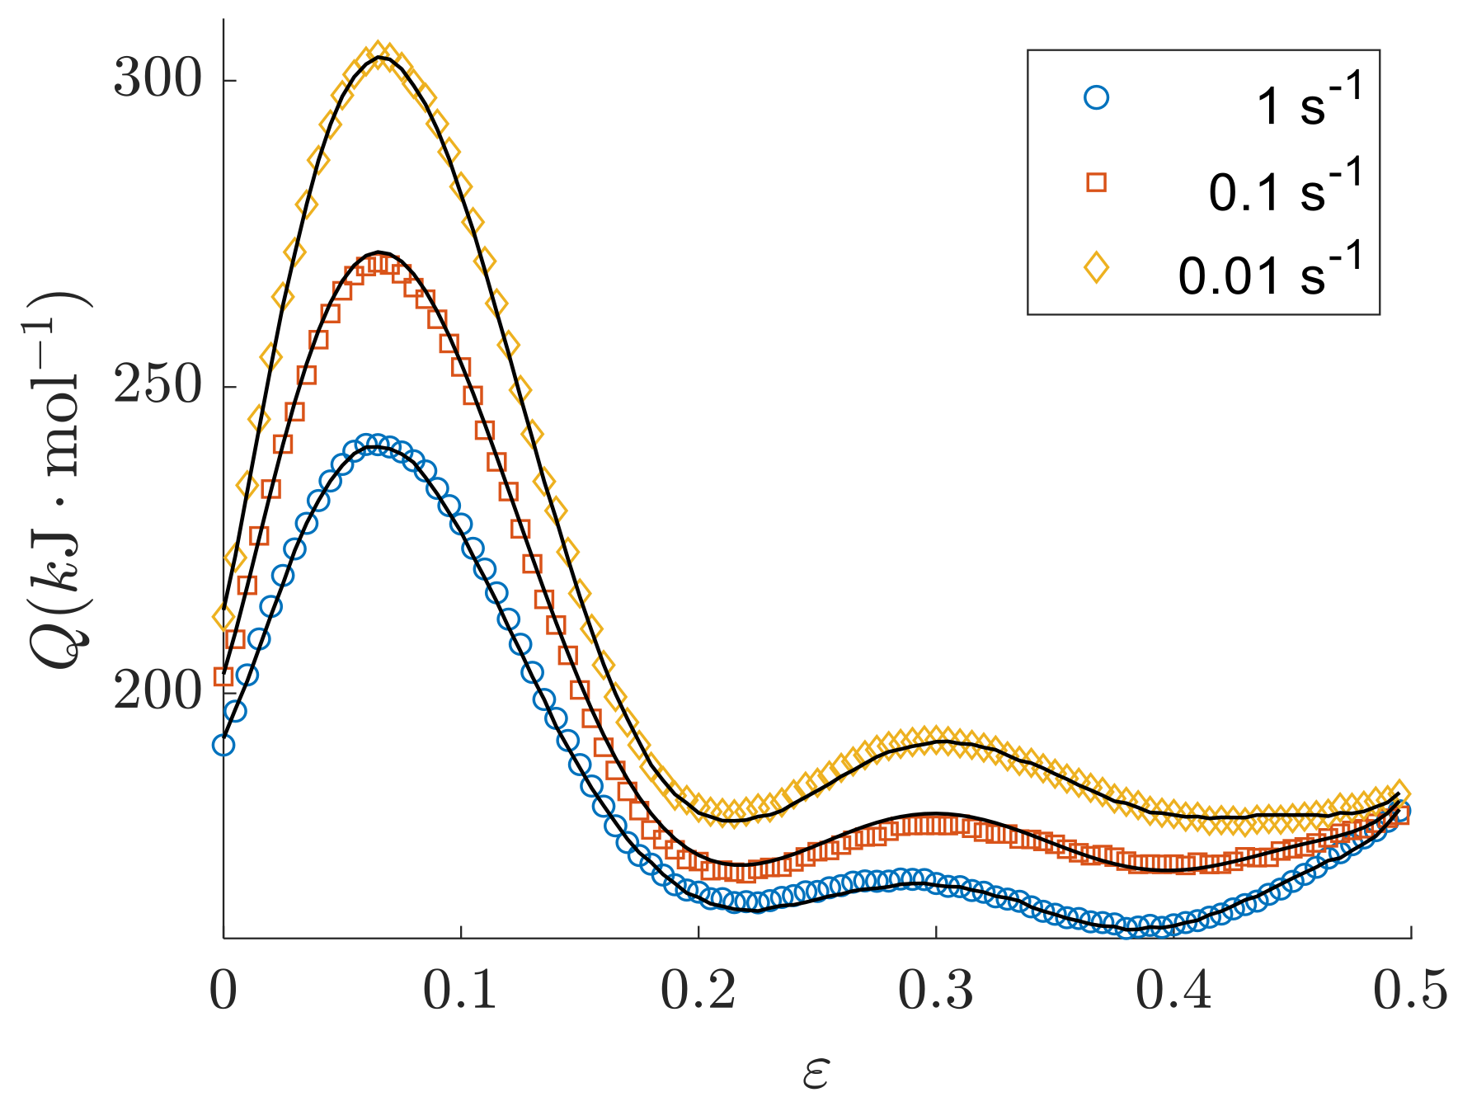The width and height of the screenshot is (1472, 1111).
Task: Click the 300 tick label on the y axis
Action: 158,81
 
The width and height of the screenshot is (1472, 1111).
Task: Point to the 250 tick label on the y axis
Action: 158,386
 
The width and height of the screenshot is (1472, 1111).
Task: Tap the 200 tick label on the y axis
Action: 158,691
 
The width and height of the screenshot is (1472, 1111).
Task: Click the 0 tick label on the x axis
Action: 223,991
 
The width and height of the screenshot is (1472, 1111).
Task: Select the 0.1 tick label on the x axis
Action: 460,991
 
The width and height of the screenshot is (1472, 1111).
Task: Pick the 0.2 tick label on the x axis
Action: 698,991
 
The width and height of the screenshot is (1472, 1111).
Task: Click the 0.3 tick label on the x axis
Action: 935,991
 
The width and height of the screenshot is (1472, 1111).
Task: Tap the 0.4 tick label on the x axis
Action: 1173,991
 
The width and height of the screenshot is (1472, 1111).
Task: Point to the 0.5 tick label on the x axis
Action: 1410,991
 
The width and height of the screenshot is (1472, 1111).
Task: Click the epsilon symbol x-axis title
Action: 816,1074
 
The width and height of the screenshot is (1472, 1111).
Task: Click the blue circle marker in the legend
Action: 1096,98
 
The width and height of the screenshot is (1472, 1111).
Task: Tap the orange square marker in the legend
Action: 1096,182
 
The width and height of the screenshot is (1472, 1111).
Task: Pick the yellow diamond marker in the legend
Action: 1096,267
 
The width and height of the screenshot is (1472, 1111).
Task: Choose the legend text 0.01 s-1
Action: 1271,272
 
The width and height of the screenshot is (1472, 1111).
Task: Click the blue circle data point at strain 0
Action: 223,746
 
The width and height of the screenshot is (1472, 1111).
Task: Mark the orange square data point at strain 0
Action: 223,677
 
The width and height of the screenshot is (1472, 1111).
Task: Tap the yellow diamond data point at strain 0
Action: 223,616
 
